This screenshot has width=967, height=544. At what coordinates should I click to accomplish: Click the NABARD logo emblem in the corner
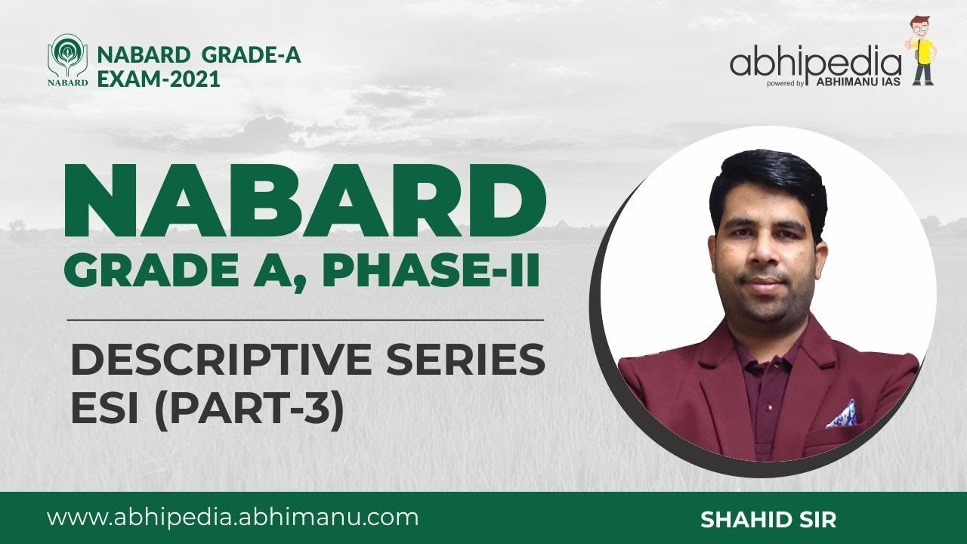click(x=67, y=60)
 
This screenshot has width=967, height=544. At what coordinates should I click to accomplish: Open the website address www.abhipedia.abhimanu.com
click(x=233, y=518)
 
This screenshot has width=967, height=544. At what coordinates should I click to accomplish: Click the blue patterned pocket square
click(x=841, y=415)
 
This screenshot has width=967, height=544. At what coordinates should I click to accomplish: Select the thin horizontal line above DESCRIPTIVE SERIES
click(x=306, y=320)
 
